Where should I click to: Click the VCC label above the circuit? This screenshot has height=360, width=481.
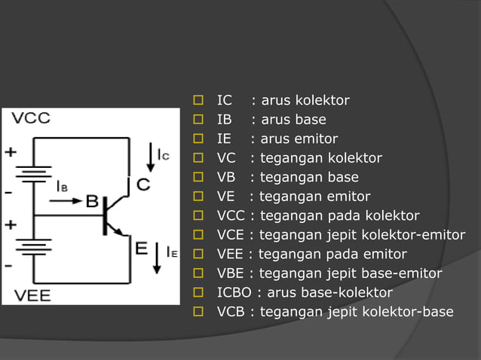click(31, 119)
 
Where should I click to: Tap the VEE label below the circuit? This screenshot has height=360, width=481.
click(32, 295)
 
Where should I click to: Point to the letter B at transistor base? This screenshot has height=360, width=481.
click(91, 201)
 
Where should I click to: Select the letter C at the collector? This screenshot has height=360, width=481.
click(142, 184)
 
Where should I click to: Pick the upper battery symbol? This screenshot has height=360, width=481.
click(33, 175)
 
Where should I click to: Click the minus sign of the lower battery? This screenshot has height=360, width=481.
click(8, 265)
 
